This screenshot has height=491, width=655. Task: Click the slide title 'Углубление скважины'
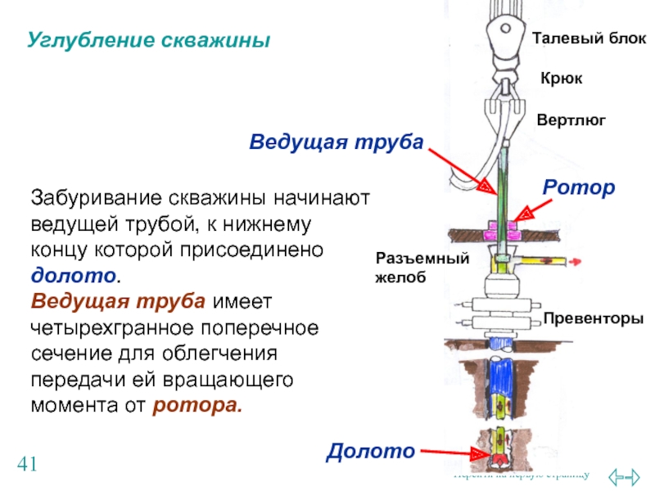148,39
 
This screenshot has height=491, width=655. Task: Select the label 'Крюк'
561,79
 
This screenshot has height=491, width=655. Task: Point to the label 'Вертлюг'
571,119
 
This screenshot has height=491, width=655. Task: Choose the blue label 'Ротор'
578,188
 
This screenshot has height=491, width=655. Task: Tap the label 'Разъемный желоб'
422,268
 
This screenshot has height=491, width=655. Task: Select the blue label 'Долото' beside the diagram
371,449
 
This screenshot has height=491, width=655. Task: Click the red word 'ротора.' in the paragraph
197,404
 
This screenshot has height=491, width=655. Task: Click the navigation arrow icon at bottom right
626,475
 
